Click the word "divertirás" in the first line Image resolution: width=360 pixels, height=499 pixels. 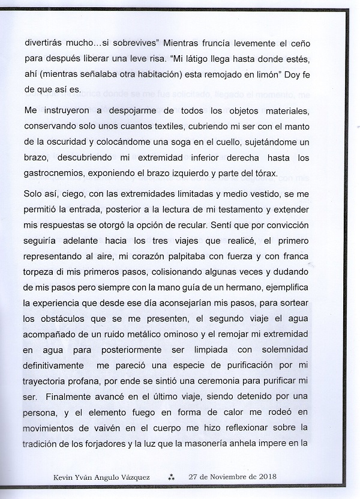pyautogui.click(x=46, y=44)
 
